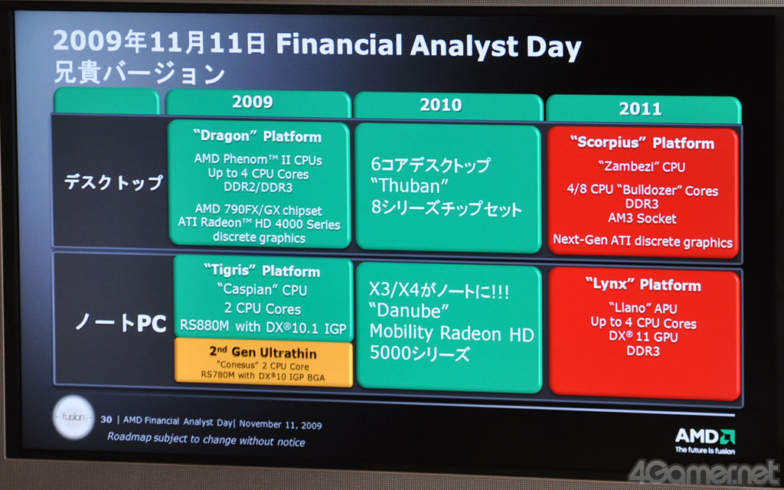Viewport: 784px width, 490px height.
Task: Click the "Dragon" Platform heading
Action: (x=257, y=136)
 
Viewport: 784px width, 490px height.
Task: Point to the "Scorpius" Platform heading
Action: (x=642, y=143)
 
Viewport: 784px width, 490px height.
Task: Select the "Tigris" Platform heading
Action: (x=262, y=271)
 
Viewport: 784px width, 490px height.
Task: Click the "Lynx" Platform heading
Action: (x=643, y=285)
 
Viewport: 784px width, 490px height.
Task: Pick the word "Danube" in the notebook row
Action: (x=409, y=312)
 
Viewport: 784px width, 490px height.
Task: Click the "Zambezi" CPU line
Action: (x=642, y=166)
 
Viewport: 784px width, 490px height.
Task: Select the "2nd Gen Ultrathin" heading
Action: (x=263, y=352)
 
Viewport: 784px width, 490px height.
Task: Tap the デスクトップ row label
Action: (x=113, y=183)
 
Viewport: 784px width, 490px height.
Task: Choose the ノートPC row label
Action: (x=121, y=323)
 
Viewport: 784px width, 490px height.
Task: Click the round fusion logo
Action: (x=73, y=417)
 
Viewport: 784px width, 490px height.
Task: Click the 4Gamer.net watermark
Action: (x=705, y=472)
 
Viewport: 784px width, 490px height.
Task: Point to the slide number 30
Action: (x=106, y=420)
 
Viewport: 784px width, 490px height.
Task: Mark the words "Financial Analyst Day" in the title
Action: (x=429, y=47)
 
